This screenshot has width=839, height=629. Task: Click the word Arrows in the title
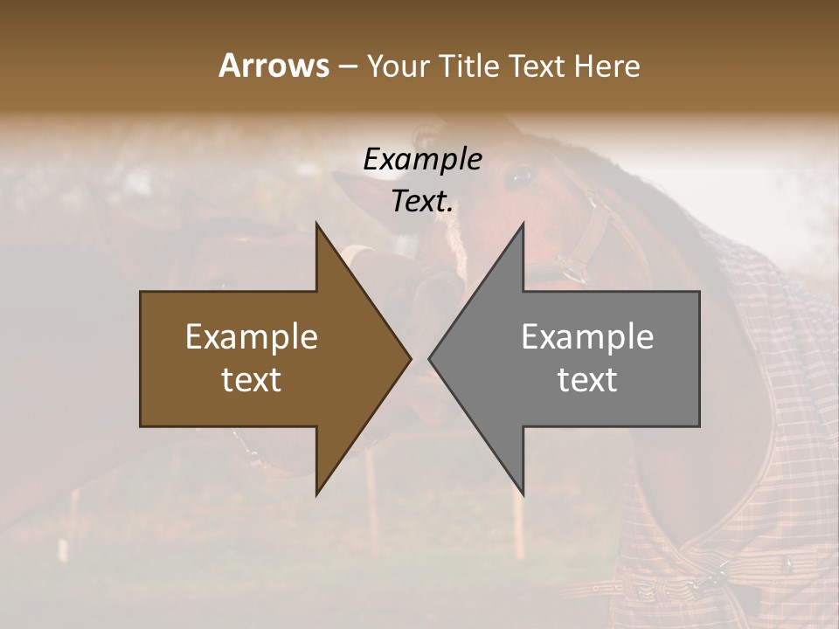274,66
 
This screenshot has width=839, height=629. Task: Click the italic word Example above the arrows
422,159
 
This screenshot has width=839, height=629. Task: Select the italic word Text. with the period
422,202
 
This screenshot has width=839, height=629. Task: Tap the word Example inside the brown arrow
252,337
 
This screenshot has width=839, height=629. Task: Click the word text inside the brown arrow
252,380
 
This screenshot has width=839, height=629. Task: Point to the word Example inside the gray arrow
587,337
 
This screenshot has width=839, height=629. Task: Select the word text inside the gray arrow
587,380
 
